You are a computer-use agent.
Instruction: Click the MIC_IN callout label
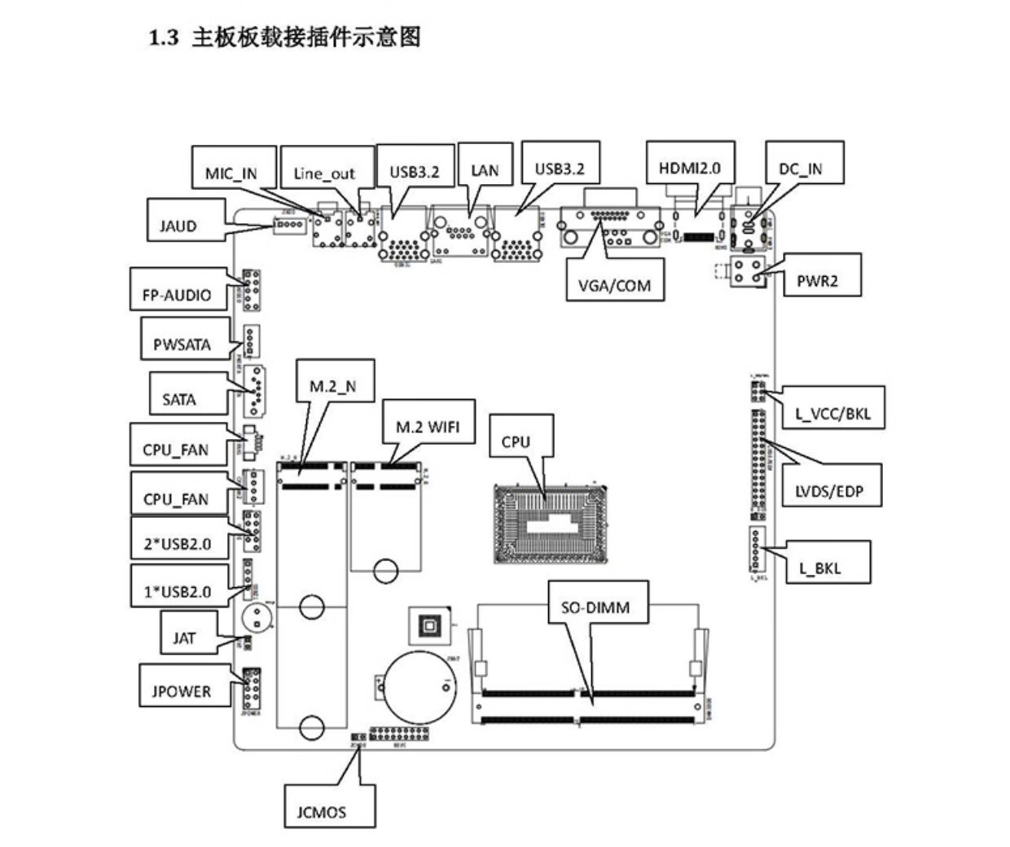(x=231, y=173)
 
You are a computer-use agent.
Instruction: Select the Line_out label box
(x=325, y=173)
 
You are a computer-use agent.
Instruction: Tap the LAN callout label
(x=485, y=170)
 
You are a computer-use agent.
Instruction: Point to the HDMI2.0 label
(x=690, y=169)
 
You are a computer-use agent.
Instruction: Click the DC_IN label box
(x=801, y=169)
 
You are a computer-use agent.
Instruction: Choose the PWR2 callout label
(x=817, y=282)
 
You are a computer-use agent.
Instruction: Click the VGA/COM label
(x=615, y=286)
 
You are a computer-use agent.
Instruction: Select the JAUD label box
(x=178, y=226)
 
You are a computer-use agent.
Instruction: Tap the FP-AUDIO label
(x=177, y=295)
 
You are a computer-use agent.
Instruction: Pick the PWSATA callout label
(x=182, y=345)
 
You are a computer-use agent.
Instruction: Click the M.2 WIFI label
(x=428, y=426)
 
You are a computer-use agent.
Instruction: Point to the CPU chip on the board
(x=552, y=523)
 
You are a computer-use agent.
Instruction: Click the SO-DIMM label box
(x=595, y=607)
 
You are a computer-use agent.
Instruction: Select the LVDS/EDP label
(x=829, y=491)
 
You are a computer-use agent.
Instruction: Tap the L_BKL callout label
(x=819, y=568)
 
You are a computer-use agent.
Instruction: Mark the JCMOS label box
(x=321, y=811)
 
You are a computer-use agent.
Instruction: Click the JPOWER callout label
(x=182, y=691)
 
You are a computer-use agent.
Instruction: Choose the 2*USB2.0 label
(x=177, y=543)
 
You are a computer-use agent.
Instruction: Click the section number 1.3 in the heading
(x=163, y=37)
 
